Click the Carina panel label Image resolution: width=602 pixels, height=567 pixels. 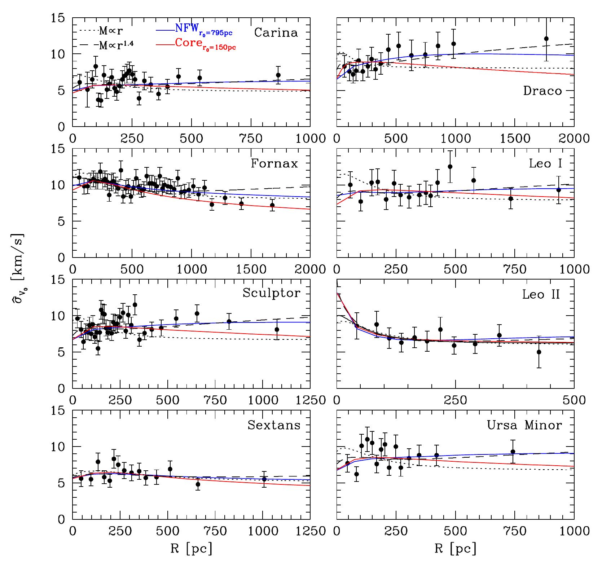pos(276,32)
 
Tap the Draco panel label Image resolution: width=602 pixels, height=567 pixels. pos(542,91)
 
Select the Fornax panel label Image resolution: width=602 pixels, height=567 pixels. pos(274,163)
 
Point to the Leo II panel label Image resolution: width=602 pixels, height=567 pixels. pos(541,294)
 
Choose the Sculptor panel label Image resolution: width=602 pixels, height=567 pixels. pos(271,293)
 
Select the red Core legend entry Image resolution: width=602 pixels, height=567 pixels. pos(197,44)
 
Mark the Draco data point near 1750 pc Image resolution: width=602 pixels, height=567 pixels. pos(546,39)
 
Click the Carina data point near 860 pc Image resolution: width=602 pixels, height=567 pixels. pos(278,75)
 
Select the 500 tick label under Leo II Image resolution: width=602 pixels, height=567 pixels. pos(574,400)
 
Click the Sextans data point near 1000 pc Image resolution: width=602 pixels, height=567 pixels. pos(264,479)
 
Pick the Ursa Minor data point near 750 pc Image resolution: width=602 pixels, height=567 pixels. pos(513,452)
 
